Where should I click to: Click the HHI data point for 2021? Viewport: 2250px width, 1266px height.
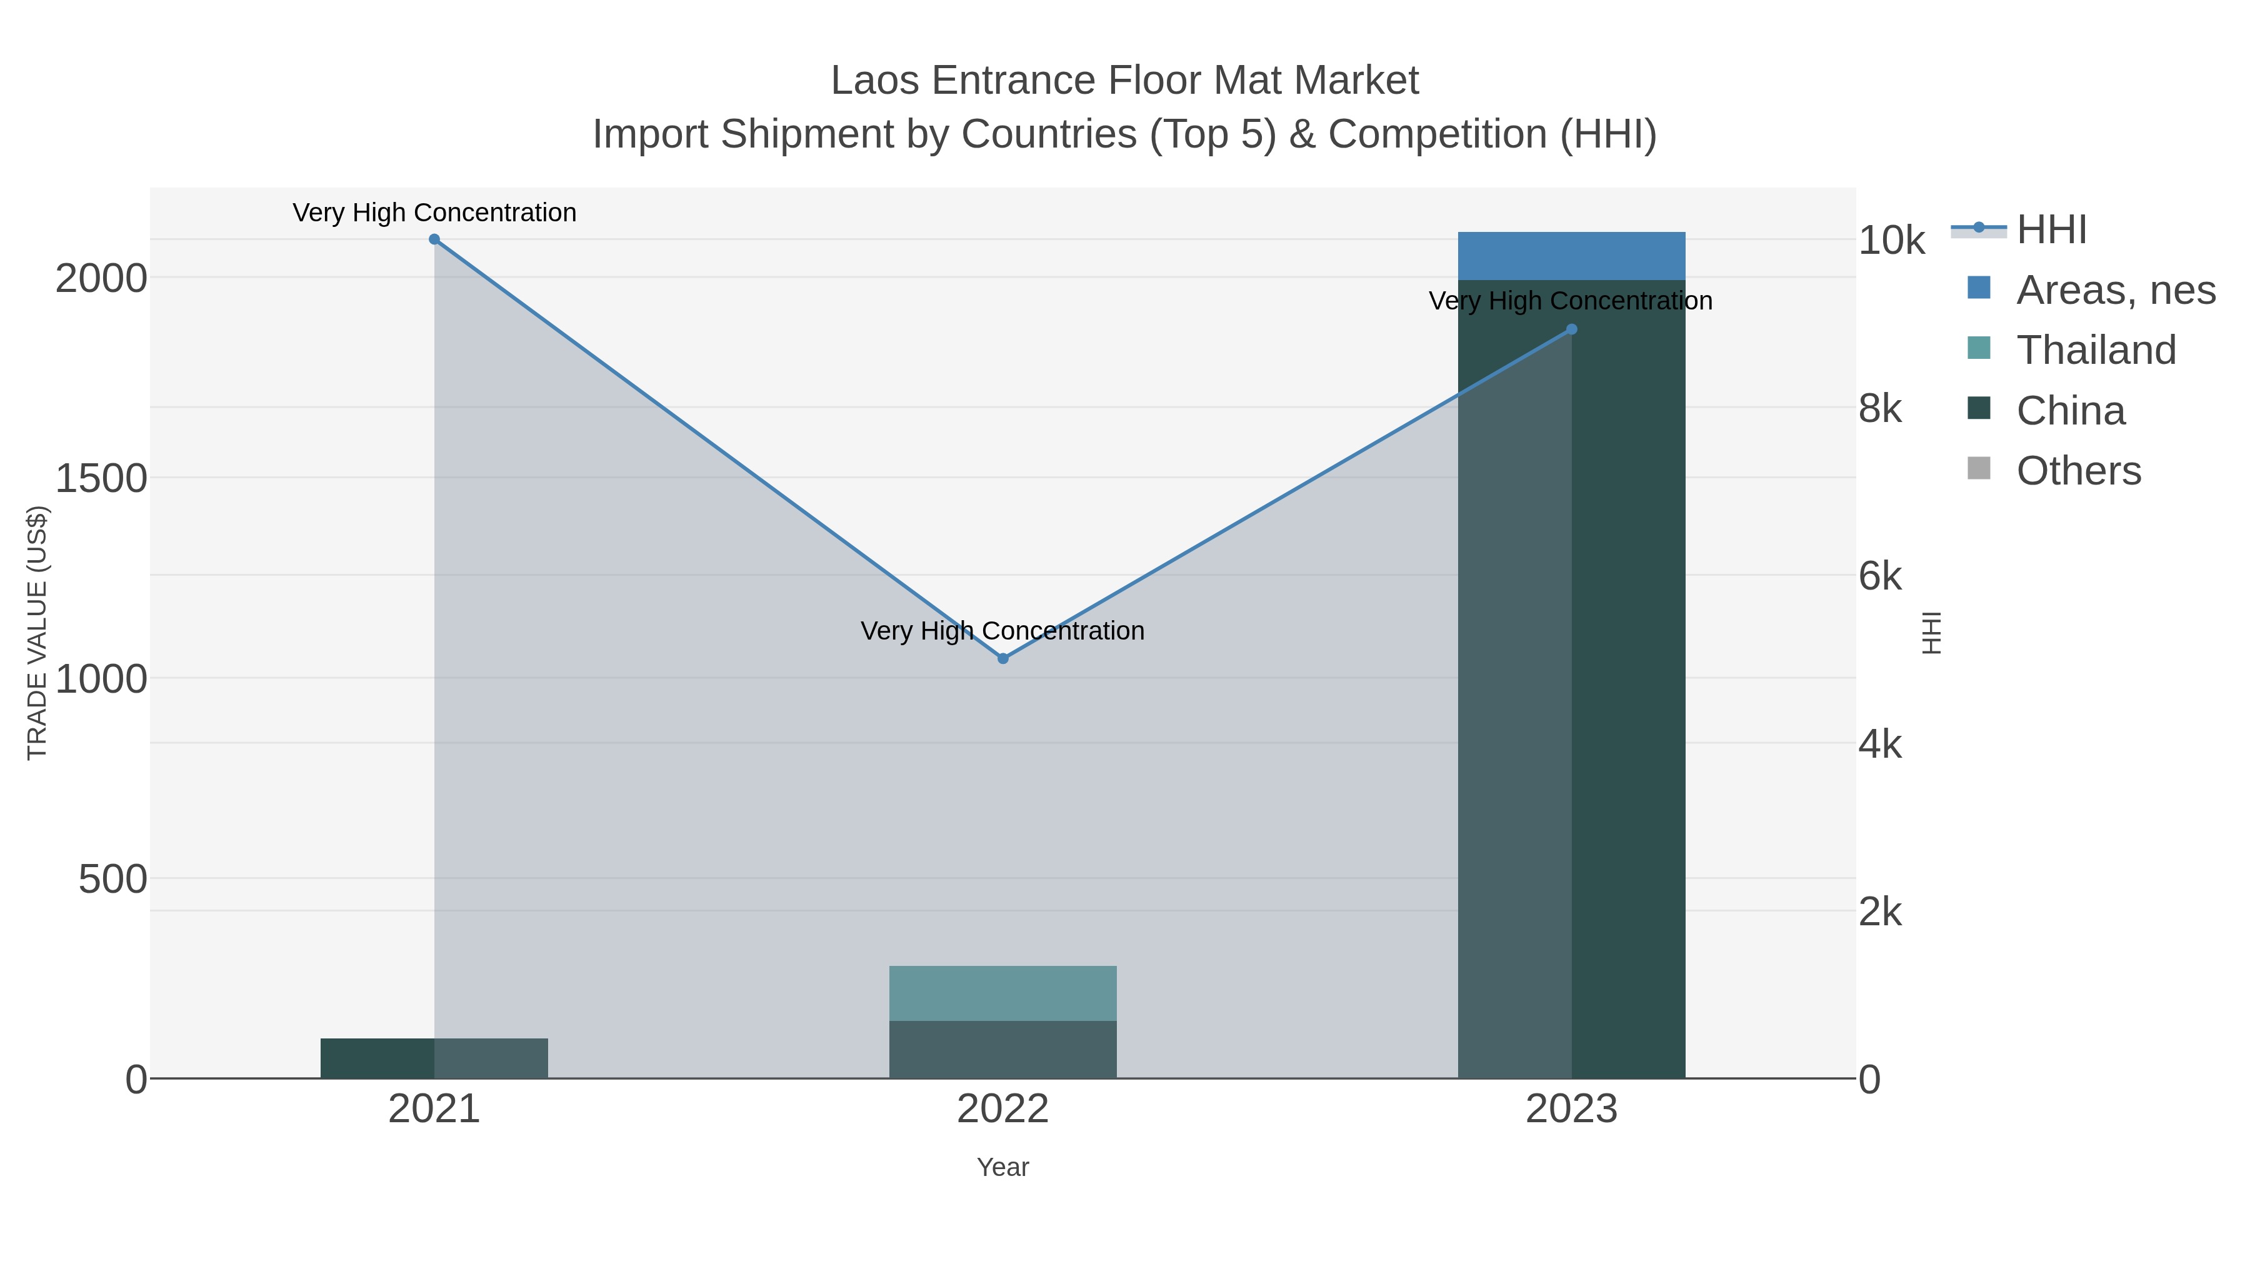(434, 239)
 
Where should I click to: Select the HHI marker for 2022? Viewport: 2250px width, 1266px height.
(1002, 659)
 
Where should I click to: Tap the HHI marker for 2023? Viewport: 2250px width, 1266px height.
(1571, 329)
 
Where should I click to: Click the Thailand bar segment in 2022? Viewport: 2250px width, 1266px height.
(1002, 993)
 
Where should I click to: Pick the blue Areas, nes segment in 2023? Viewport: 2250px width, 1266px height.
(1571, 256)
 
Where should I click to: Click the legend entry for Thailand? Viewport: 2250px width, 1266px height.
(2096, 350)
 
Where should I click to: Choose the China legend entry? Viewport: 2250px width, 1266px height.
(2070, 411)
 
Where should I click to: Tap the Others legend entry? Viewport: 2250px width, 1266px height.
(2078, 471)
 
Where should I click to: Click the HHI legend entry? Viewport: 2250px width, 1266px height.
(2051, 230)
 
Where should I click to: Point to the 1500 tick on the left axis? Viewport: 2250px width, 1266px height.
(101, 479)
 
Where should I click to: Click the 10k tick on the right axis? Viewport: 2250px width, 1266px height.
(1891, 241)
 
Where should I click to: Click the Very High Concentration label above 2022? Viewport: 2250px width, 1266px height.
(1002, 631)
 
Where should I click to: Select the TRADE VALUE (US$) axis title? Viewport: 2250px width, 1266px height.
(37, 633)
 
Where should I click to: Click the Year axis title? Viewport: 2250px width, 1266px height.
(1002, 1167)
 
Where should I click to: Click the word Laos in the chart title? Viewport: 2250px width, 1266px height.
(874, 81)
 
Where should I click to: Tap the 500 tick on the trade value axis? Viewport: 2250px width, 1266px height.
(112, 880)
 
